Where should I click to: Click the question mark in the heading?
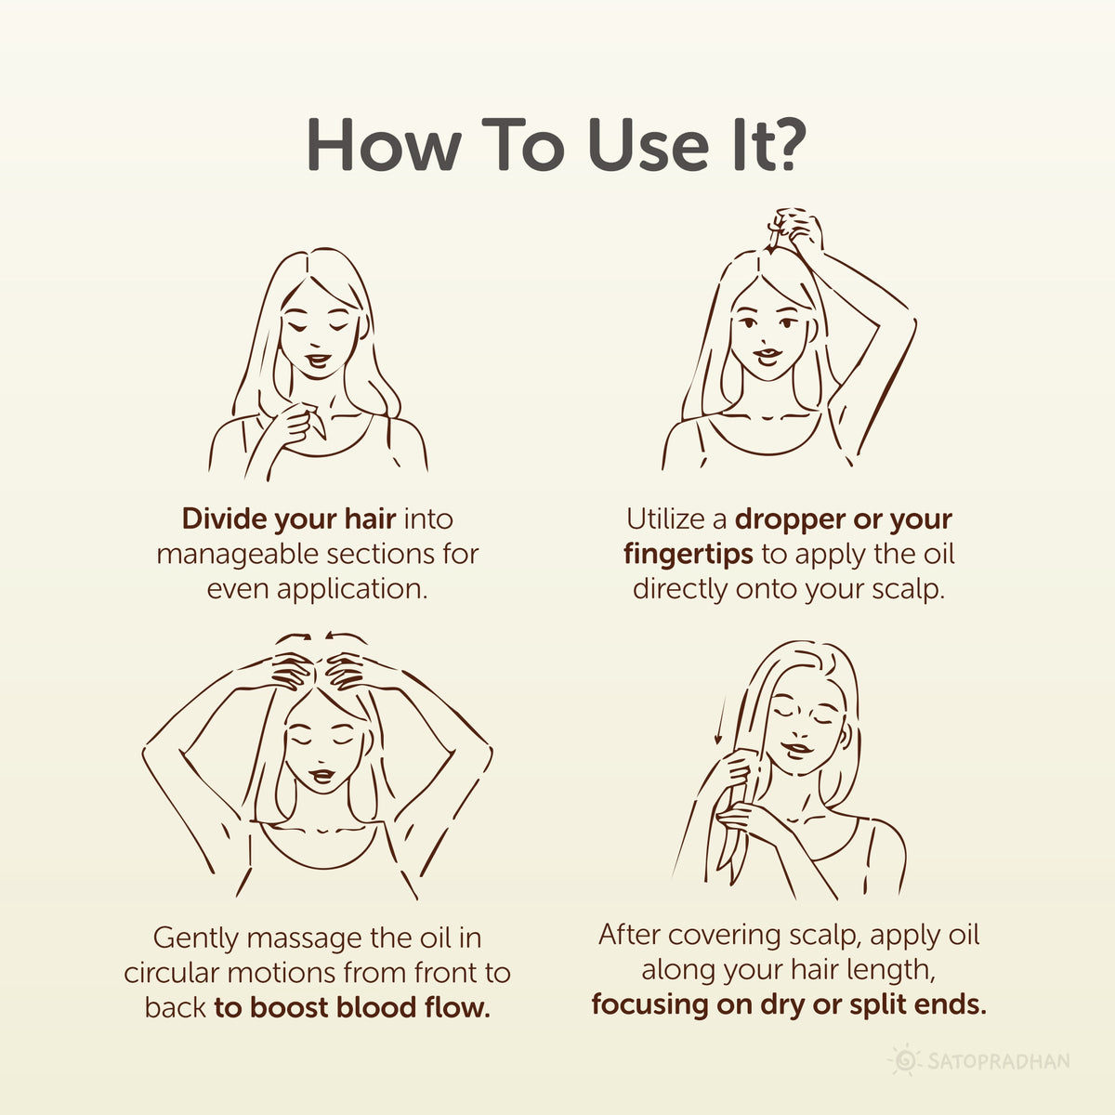(x=782, y=146)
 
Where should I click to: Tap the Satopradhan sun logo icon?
(x=903, y=1060)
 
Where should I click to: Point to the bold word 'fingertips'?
(x=689, y=554)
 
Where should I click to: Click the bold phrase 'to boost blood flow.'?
(x=351, y=1008)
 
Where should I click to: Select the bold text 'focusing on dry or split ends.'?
(x=789, y=1004)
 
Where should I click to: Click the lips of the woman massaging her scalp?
(x=321, y=774)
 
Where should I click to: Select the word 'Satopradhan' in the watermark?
(x=997, y=1061)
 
